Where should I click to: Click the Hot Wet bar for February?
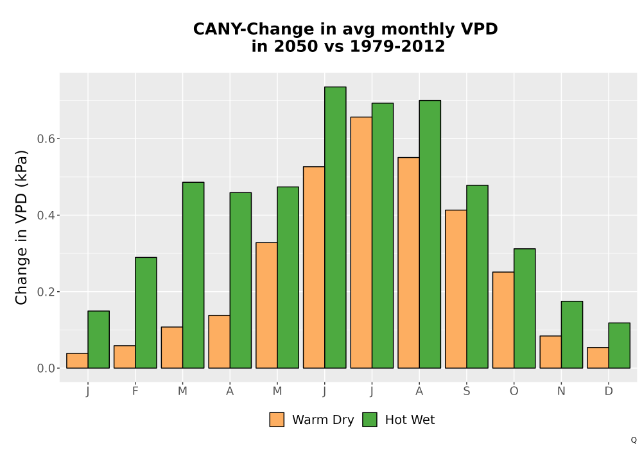coord(146,313)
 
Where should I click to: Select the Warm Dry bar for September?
coord(456,289)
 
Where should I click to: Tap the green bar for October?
coord(525,309)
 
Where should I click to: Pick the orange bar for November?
coord(551,352)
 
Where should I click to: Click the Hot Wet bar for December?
coord(619,346)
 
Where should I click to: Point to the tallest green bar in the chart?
coord(335,227)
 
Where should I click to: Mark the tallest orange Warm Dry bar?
coord(361,242)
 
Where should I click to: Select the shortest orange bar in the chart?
coord(78,360)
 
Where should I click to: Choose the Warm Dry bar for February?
coord(125,357)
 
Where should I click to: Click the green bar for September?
coord(477,277)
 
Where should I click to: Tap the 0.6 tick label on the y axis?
coord(46,139)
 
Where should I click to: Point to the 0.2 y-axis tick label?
coord(46,292)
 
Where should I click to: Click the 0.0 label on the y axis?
coord(46,368)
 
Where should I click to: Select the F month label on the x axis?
coord(135,391)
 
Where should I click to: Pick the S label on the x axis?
coord(466,391)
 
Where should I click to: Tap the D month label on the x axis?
coord(609,391)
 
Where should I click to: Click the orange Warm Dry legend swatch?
coord(277,419)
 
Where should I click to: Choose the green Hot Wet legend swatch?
coord(370,419)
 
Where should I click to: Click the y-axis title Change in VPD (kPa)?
coord(21,228)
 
